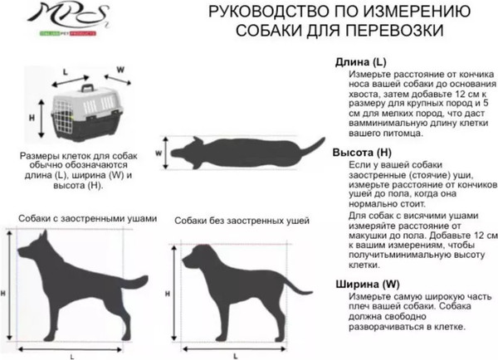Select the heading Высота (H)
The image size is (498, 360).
click(x=363, y=153)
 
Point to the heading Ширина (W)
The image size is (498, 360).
click(x=366, y=285)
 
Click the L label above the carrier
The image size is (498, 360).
click(x=66, y=71)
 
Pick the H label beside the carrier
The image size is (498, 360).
click(x=32, y=119)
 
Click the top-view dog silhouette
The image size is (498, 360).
click(x=241, y=152)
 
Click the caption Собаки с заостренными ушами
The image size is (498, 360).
click(x=87, y=218)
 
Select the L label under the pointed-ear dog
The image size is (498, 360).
click(x=72, y=355)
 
